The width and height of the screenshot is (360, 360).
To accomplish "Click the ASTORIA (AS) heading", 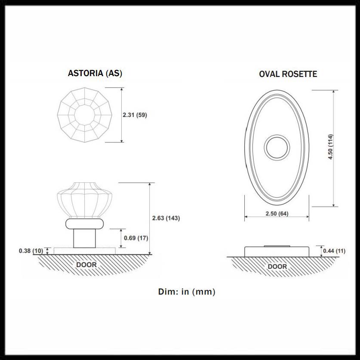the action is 95,73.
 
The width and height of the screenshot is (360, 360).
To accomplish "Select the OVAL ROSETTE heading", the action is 288,74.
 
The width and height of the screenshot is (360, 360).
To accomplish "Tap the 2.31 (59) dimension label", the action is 135,115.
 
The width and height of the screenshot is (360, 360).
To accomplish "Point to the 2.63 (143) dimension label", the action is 166,218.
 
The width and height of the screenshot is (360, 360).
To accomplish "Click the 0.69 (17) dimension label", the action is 136,238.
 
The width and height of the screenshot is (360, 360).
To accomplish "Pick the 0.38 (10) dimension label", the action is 31,251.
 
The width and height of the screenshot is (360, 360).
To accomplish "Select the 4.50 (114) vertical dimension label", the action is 330,147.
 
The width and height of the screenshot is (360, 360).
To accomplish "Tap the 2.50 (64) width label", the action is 277,213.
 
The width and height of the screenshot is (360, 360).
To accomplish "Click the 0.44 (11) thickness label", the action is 334,251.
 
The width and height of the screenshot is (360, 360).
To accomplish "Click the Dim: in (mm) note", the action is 187,292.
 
